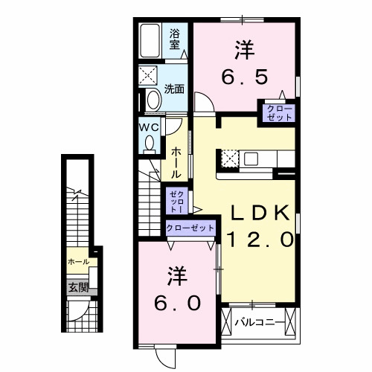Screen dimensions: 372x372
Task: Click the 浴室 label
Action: (x=176, y=38)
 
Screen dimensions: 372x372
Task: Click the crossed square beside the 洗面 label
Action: (x=147, y=75)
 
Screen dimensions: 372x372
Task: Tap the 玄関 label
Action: (x=78, y=287)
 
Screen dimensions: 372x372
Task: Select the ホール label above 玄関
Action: (x=78, y=262)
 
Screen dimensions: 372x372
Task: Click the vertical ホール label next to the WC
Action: (x=176, y=161)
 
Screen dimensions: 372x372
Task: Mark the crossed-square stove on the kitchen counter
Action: (x=229, y=158)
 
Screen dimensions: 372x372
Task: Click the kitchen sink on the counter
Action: (x=250, y=158)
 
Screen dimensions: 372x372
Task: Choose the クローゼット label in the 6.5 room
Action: (x=275, y=113)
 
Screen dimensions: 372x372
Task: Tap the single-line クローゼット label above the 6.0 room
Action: (x=190, y=228)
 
